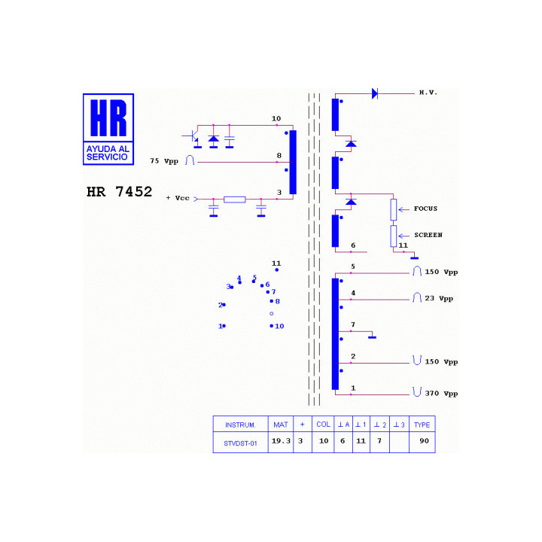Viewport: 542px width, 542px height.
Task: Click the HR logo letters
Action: click(x=108, y=118)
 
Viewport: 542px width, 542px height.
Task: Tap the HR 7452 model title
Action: click(x=119, y=191)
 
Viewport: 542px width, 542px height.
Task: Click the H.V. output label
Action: click(x=428, y=93)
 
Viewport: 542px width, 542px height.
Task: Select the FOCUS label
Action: click(x=425, y=209)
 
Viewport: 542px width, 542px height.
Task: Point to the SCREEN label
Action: click(x=428, y=235)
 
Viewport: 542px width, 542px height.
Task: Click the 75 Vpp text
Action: click(x=164, y=161)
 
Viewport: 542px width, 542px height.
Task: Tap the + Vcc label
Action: click(x=178, y=198)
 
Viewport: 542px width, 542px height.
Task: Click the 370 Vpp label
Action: click(x=441, y=394)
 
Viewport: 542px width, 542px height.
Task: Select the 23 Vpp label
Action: click(x=439, y=298)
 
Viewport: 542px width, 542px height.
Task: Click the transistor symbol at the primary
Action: click(x=193, y=136)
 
